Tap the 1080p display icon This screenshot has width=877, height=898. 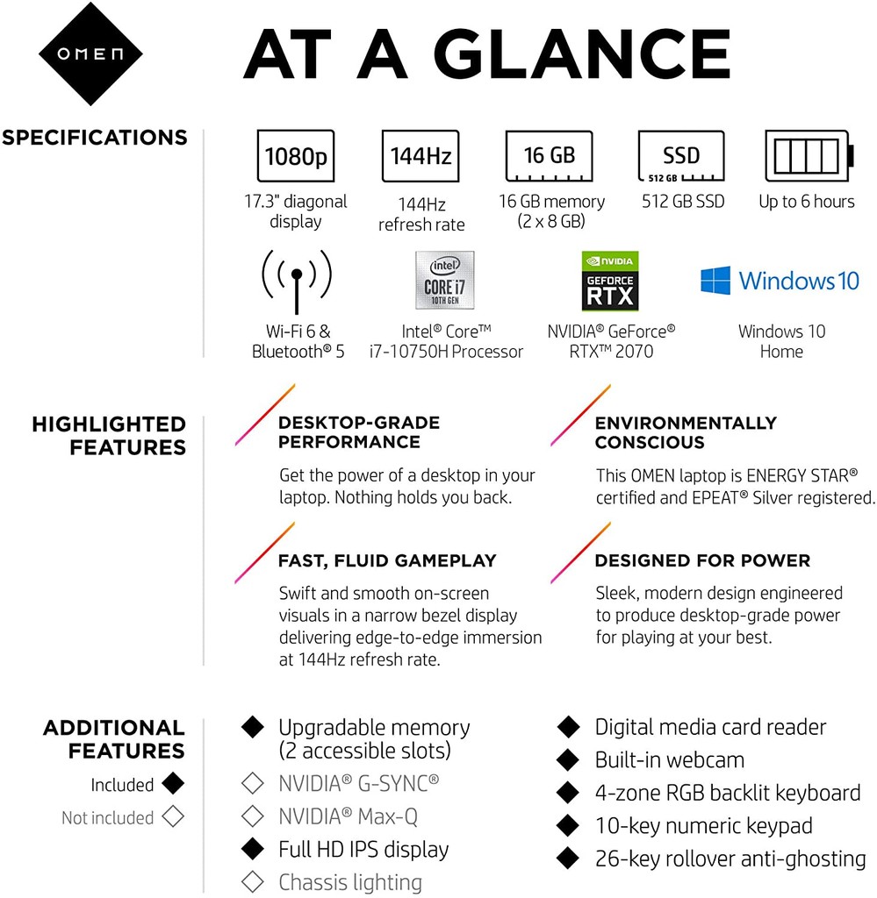(296, 157)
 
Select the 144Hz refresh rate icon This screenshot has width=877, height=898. (421, 157)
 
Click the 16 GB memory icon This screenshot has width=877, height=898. (550, 157)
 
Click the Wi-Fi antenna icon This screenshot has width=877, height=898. (297, 279)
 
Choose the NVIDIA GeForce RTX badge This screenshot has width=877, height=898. (610, 281)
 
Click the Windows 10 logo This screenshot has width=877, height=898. (780, 281)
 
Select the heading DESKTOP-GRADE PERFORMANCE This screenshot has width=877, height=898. (358, 432)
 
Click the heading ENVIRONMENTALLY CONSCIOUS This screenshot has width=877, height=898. (686, 432)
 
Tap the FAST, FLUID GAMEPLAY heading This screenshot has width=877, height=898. (387, 560)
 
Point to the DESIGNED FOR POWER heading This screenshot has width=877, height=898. (702, 560)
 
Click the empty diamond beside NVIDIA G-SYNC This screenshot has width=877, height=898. (253, 782)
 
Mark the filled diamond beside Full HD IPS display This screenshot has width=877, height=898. (253, 849)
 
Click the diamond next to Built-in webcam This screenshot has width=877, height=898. (569, 759)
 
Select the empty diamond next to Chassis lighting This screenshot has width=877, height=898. (253, 881)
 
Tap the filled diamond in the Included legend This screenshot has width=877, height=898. (173, 784)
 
